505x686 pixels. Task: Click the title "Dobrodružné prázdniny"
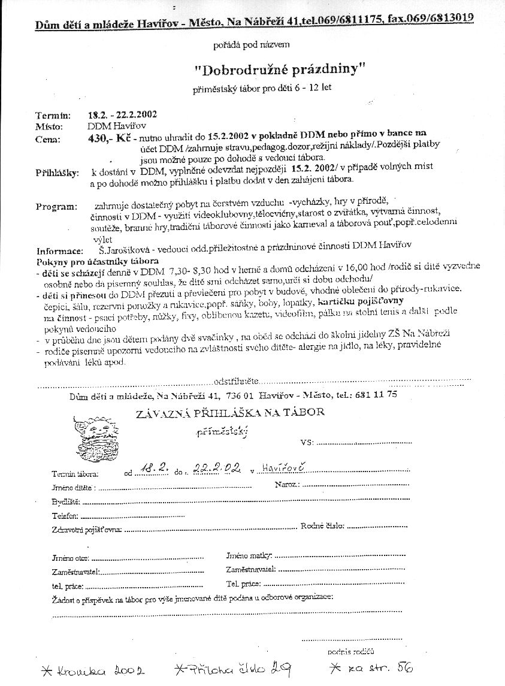pos(280,69)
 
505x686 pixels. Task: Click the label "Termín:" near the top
pos(53,115)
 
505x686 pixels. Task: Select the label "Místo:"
pos(50,127)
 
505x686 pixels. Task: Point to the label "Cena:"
pos(48,140)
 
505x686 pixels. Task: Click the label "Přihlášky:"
pos(57,173)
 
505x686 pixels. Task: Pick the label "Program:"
pos(56,206)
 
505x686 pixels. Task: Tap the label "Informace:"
pos(59,251)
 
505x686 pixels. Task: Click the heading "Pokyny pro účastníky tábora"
pos(98,261)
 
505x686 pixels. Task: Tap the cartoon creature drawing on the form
pos(101,439)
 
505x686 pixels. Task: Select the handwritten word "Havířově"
pos(284,467)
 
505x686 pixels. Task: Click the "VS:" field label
pos(307,443)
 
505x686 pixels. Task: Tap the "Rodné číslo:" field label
pos(322,526)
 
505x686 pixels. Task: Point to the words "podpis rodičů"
pos(351,651)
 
